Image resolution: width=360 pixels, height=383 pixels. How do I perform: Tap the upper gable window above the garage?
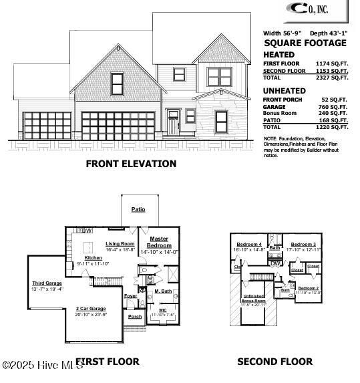point(118,84)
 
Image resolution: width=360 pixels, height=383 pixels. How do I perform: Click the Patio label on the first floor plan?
point(138,209)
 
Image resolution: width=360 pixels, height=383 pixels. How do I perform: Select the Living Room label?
point(120,244)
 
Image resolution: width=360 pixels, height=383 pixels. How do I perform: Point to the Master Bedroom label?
point(159,242)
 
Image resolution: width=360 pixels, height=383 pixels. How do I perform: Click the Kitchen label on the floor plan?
point(93,258)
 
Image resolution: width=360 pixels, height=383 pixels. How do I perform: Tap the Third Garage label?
point(47,283)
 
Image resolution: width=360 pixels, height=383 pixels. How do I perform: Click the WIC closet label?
point(162,309)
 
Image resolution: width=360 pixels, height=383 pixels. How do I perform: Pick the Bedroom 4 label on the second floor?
point(249,244)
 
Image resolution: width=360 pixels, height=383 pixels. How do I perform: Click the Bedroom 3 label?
point(303,244)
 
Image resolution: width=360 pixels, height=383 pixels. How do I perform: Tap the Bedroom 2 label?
point(309,287)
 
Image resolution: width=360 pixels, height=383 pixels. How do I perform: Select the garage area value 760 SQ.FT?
point(335,106)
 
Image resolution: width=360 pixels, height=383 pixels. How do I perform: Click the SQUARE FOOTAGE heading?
point(305,43)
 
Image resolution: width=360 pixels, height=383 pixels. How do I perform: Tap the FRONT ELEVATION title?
point(131,164)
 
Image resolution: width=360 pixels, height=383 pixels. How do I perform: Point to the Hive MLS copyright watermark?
point(40,364)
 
